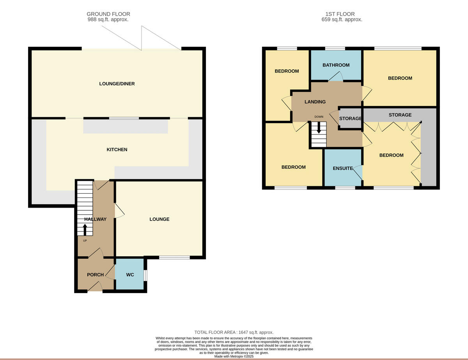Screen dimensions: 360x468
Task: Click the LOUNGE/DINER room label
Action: point(117,84)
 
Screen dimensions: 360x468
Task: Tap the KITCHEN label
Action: point(117,150)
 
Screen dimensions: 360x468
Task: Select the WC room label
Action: point(130,275)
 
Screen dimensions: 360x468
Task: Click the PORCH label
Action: point(95,275)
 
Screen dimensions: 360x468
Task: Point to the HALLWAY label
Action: point(95,219)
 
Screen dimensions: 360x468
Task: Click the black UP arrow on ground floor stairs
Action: point(85,230)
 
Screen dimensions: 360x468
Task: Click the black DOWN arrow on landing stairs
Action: point(319,128)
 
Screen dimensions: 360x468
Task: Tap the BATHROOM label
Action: point(336,65)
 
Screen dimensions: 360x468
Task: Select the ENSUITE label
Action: point(343,169)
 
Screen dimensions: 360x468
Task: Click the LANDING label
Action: point(315,102)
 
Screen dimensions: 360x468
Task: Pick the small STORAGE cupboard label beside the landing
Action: point(350,118)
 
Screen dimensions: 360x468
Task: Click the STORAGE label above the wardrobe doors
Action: point(400,115)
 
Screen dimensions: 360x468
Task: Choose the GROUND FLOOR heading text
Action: point(108,14)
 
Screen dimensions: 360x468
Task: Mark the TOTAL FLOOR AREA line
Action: point(234,332)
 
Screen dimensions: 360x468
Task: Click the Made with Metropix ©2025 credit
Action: point(234,356)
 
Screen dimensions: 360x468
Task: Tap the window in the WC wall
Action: point(145,275)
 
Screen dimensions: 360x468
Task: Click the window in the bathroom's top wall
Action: point(335,49)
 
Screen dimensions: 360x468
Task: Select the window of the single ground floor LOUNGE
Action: point(174,258)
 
